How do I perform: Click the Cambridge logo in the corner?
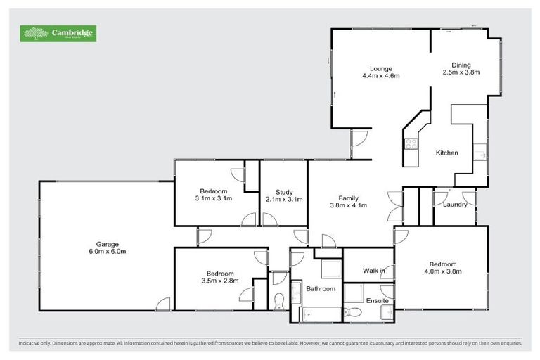click(59, 33)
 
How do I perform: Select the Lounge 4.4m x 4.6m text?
click(381, 72)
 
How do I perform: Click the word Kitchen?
click(447, 153)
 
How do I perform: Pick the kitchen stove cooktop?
click(411, 145)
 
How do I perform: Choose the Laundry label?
click(456, 205)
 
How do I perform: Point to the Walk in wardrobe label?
click(373, 271)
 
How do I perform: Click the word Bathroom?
click(321, 289)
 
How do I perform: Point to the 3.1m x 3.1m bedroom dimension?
click(213, 198)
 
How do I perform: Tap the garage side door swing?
click(163, 304)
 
